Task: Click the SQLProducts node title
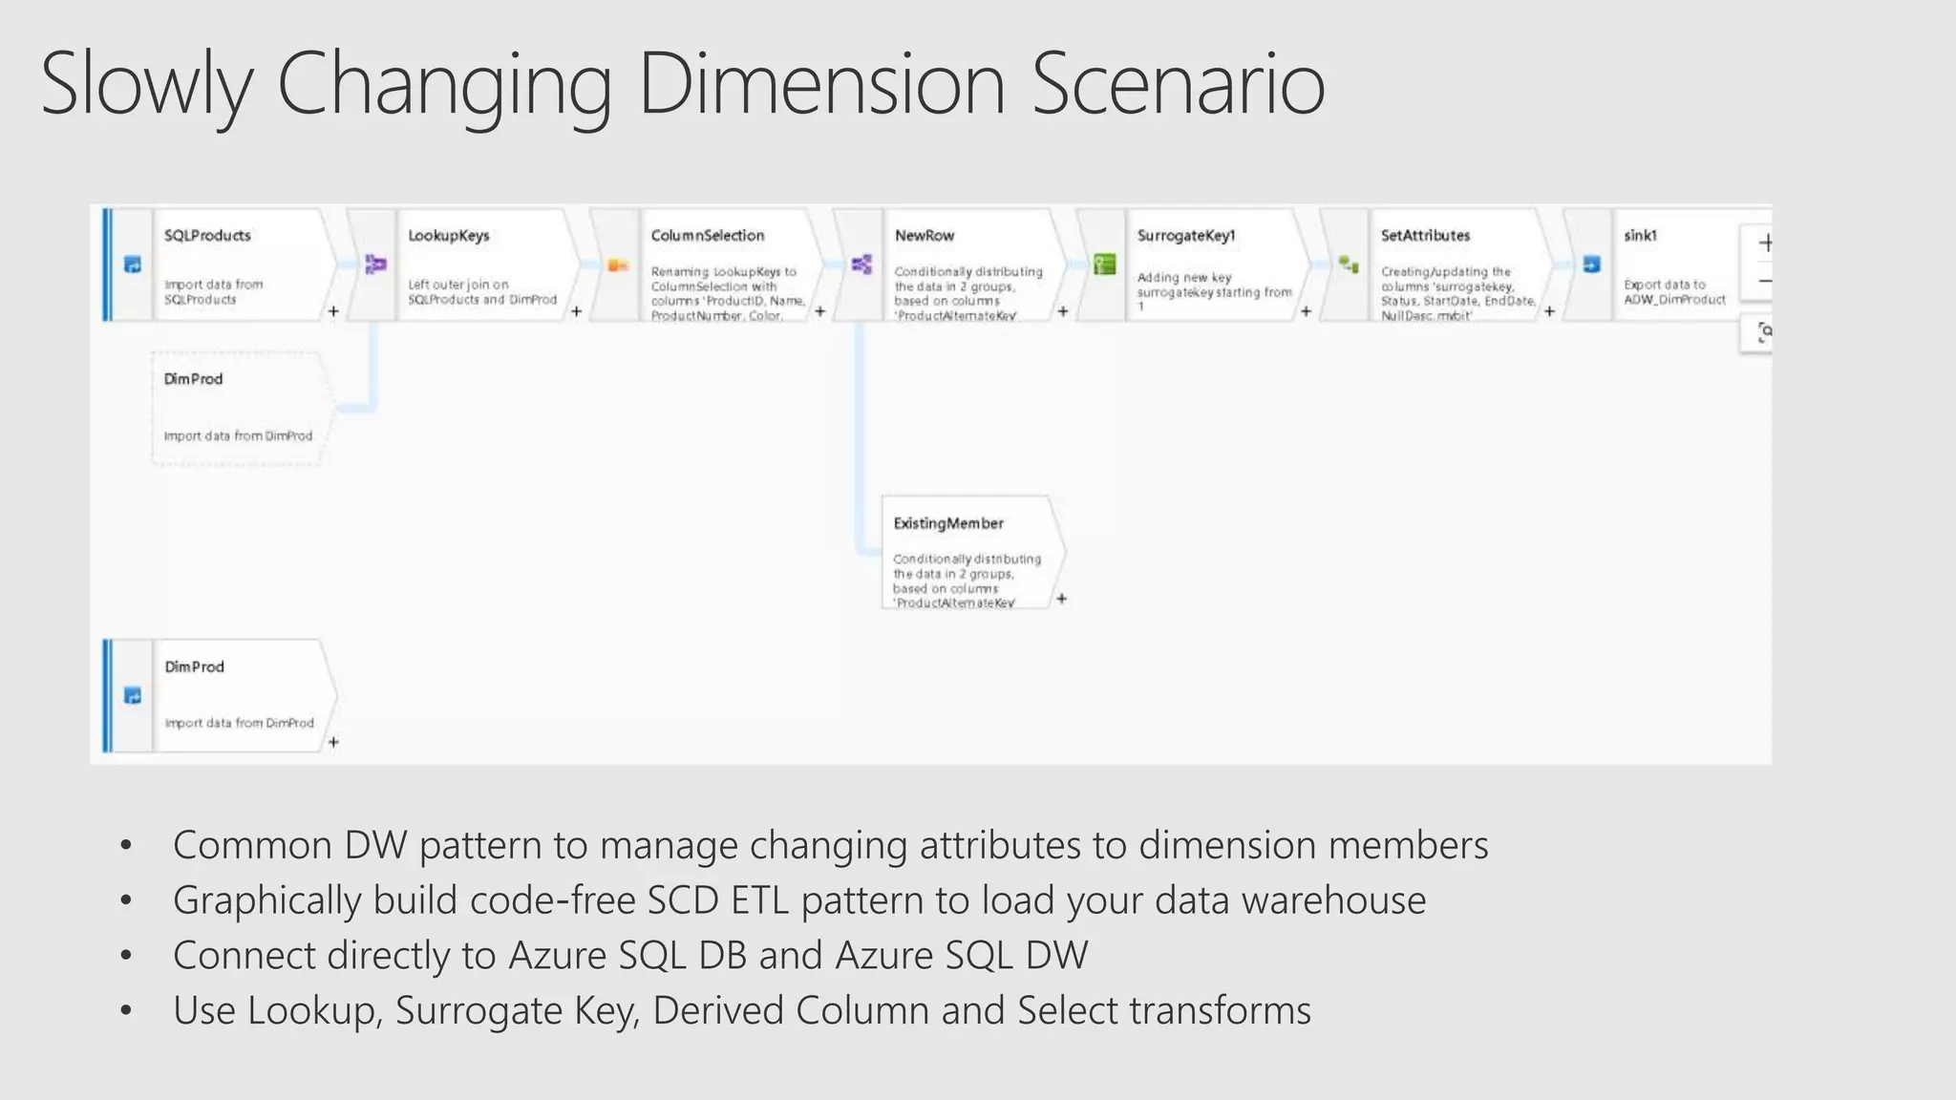click(x=207, y=236)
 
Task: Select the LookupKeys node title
click(x=448, y=236)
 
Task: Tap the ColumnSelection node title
click(x=708, y=236)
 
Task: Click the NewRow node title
click(x=925, y=236)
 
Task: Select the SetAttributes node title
click(x=1425, y=236)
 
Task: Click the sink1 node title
click(x=1640, y=236)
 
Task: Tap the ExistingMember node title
click(x=948, y=523)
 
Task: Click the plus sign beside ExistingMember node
click(x=1061, y=599)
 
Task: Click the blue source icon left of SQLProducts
click(x=133, y=264)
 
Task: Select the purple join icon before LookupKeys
click(x=375, y=264)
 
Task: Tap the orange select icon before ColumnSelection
click(x=618, y=264)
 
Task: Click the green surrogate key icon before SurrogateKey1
click(x=1105, y=264)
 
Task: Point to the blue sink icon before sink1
click(x=1591, y=264)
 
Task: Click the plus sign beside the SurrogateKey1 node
click(x=1306, y=311)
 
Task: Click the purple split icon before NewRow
click(x=861, y=264)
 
